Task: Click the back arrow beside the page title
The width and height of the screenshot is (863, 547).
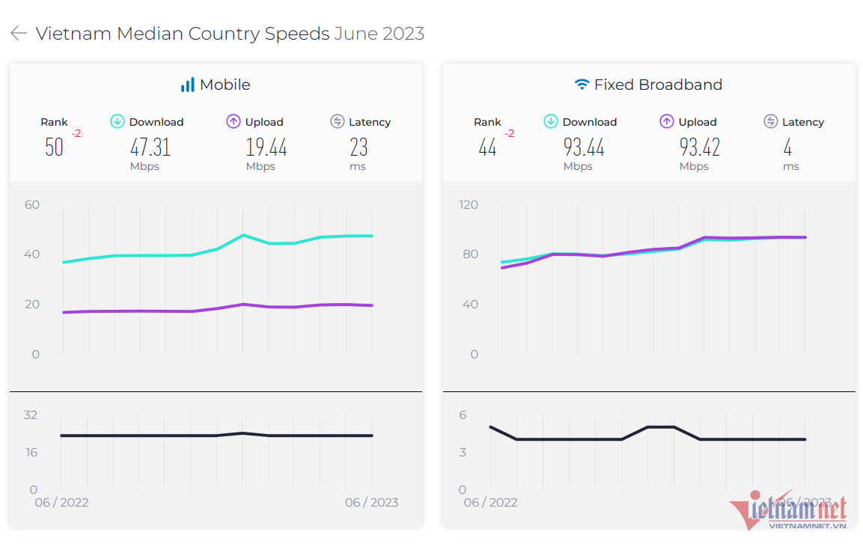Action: pyautogui.click(x=19, y=34)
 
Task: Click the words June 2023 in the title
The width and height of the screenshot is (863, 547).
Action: pyautogui.click(x=379, y=34)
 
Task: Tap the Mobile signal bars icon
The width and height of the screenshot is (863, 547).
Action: pyautogui.click(x=187, y=85)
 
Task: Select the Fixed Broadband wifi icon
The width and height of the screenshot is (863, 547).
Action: pyautogui.click(x=582, y=85)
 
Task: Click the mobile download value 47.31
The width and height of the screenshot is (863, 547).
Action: pyautogui.click(x=150, y=147)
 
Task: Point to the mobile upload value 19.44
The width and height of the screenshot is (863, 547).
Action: pyautogui.click(x=266, y=147)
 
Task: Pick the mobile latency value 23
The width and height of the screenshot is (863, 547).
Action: pyautogui.click(x=359, y=147)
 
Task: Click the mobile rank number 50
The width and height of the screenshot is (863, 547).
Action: pyautogui.click(x=54, y=147)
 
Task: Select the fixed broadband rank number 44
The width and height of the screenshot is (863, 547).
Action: pyautogui.click(x=487, y=147)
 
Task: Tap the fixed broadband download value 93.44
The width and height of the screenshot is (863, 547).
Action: pyautogui.click(x=584, y=147)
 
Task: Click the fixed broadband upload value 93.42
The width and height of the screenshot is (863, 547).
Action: pyautogui.click(x=700, y=147)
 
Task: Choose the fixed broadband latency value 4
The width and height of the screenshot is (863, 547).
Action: pyautogui.click(x=787, y=147)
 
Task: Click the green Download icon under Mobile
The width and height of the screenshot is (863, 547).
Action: pyautogui.click(x=118, y=121)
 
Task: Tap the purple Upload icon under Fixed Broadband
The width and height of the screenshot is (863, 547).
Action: pyautogui.click(x=667, y=121)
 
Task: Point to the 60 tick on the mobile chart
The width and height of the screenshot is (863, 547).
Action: pyautogui.click(x=32, y=204)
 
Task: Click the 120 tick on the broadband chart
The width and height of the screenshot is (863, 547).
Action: pyautogui.click(x=469, y=204)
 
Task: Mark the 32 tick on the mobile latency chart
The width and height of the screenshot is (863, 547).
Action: pyautogui.click(x=31, y=415)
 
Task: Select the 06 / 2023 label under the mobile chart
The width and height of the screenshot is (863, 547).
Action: pyautogui.click(x=372, y=502)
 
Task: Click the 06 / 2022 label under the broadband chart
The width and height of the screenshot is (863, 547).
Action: pyautogui.click(x=490, y=502)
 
